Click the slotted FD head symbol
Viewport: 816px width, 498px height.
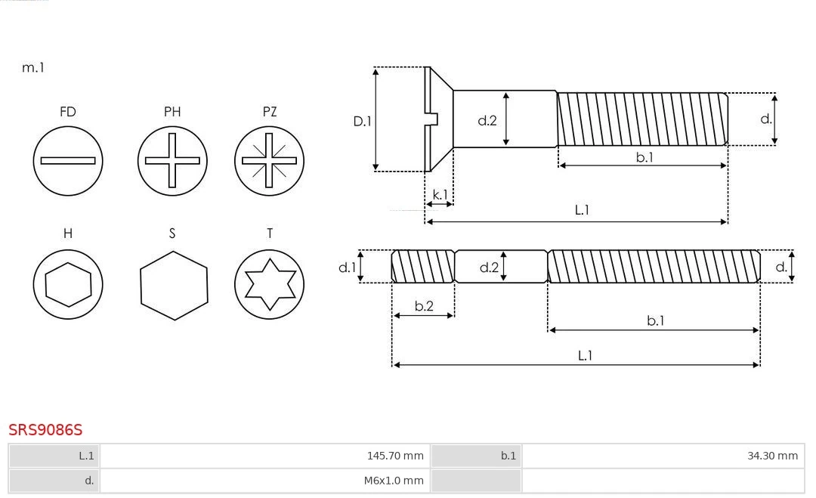68,161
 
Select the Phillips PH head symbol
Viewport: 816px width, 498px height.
172,161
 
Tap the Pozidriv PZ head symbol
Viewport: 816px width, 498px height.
270,161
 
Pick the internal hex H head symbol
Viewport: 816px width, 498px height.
68,284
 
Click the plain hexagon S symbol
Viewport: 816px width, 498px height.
173,284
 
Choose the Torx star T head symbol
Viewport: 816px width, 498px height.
270,284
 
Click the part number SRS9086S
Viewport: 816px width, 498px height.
45,430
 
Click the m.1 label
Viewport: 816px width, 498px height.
33,68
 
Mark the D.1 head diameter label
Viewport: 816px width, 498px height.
363,120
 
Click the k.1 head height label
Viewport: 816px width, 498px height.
439,195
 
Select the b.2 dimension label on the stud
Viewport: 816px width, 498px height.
424,306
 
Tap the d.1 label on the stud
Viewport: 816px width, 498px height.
347,267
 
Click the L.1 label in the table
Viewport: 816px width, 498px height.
86,456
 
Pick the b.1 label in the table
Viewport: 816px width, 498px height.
508,456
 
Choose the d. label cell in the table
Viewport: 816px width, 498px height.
89,481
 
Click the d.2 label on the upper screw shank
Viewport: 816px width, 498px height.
487,119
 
